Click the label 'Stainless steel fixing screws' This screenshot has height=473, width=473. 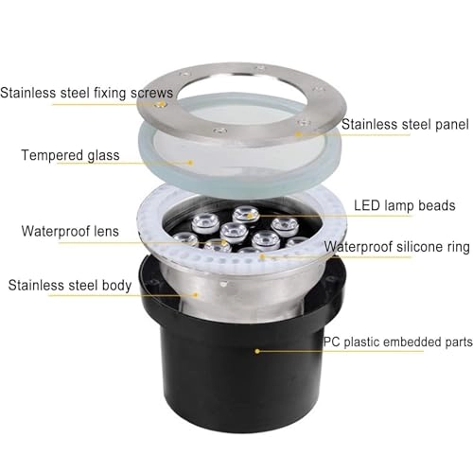87,93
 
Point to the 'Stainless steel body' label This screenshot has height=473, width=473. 70,284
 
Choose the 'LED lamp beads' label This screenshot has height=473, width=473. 404,204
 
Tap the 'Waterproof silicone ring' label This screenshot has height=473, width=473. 396,247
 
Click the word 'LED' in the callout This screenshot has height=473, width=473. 365,204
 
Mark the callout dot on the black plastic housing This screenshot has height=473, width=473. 256,350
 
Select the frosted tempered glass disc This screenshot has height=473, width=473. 232,151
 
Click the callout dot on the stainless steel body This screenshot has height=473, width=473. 197,292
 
